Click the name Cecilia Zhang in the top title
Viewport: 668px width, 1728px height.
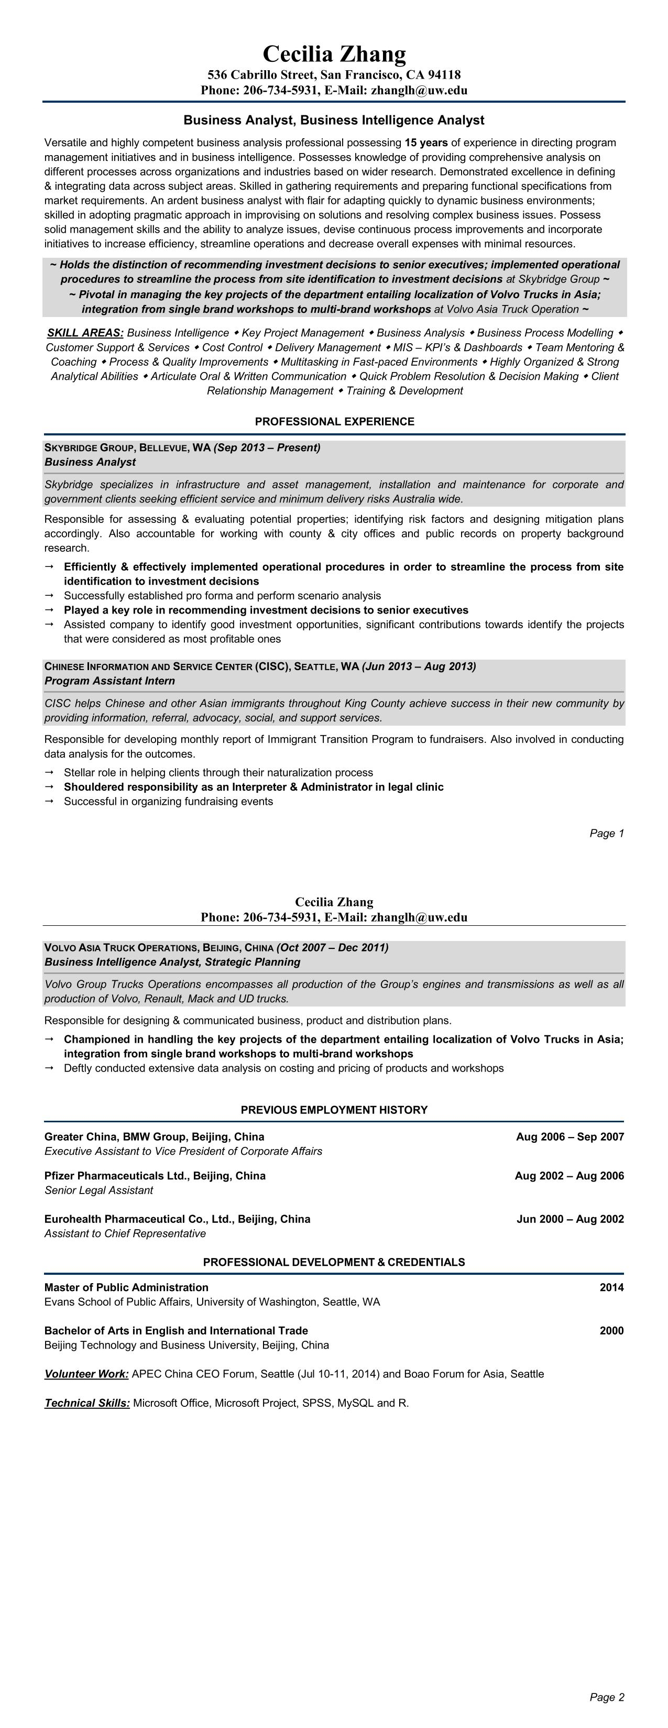click(334, 53)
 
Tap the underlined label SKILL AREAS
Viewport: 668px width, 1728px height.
click(85, 333)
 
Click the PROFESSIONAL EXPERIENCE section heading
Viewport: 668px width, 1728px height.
click(334, 421)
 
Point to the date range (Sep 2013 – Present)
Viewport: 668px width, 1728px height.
click(267, 447)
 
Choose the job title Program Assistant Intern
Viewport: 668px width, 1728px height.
click(109, 681)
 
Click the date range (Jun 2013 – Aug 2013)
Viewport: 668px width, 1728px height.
click(419, 666)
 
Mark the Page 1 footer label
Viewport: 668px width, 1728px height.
click(606, 833)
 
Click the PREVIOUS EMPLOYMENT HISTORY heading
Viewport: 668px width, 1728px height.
click(334, 1110)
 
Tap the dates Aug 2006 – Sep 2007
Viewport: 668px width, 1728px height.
click(570, 1136)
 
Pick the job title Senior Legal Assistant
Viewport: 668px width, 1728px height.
click(98, 1190)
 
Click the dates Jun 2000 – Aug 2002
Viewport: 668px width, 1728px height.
click(570, 1219)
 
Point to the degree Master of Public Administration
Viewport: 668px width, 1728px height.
click(126, 1287)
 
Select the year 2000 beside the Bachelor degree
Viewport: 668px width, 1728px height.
click(611, 1330)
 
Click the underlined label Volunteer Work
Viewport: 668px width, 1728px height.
click(86, 1374)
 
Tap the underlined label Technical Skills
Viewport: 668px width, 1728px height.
click(87, 1403)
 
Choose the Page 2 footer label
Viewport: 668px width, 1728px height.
click(606, 1697)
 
